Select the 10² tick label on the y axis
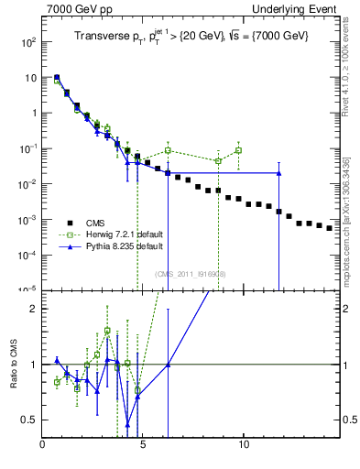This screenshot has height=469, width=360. tap(29, 42)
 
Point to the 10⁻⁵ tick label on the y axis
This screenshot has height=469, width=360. tap(28, 289)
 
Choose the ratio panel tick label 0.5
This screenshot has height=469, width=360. tap(30, 420)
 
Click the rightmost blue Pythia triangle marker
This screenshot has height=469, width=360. tap(278, 172)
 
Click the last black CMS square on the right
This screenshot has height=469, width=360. tap(329, 228)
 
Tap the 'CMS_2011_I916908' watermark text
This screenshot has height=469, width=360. tap(191, 273)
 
